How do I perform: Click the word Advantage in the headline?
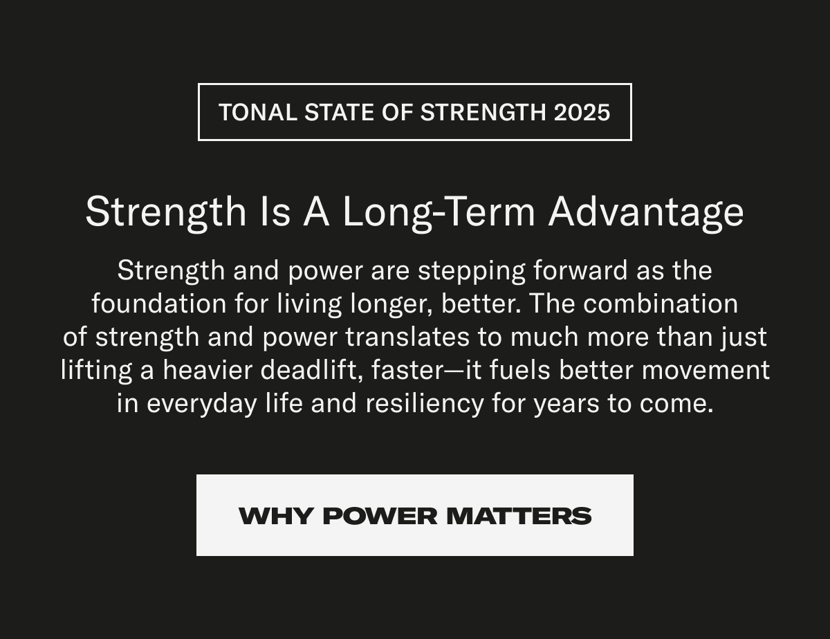click(x=646, y=212)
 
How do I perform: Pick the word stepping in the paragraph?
click(x=472, y=270)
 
